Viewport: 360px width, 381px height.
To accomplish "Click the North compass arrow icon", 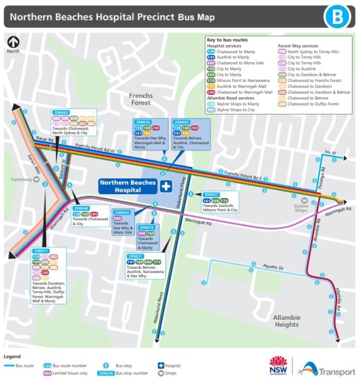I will tap(12, 43).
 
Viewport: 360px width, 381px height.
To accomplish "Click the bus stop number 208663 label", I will tap(61, 113).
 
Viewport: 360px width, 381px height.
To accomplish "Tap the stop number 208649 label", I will tap(82, 208).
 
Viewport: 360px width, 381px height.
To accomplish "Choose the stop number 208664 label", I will tap(122, 212).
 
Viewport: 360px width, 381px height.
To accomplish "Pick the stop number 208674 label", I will tap(146, 227).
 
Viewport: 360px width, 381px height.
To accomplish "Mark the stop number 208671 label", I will tap(41, 251).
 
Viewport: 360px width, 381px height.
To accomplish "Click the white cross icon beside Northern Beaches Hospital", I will tap(165, 186).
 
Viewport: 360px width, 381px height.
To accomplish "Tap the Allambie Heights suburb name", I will tap(286, 320).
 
